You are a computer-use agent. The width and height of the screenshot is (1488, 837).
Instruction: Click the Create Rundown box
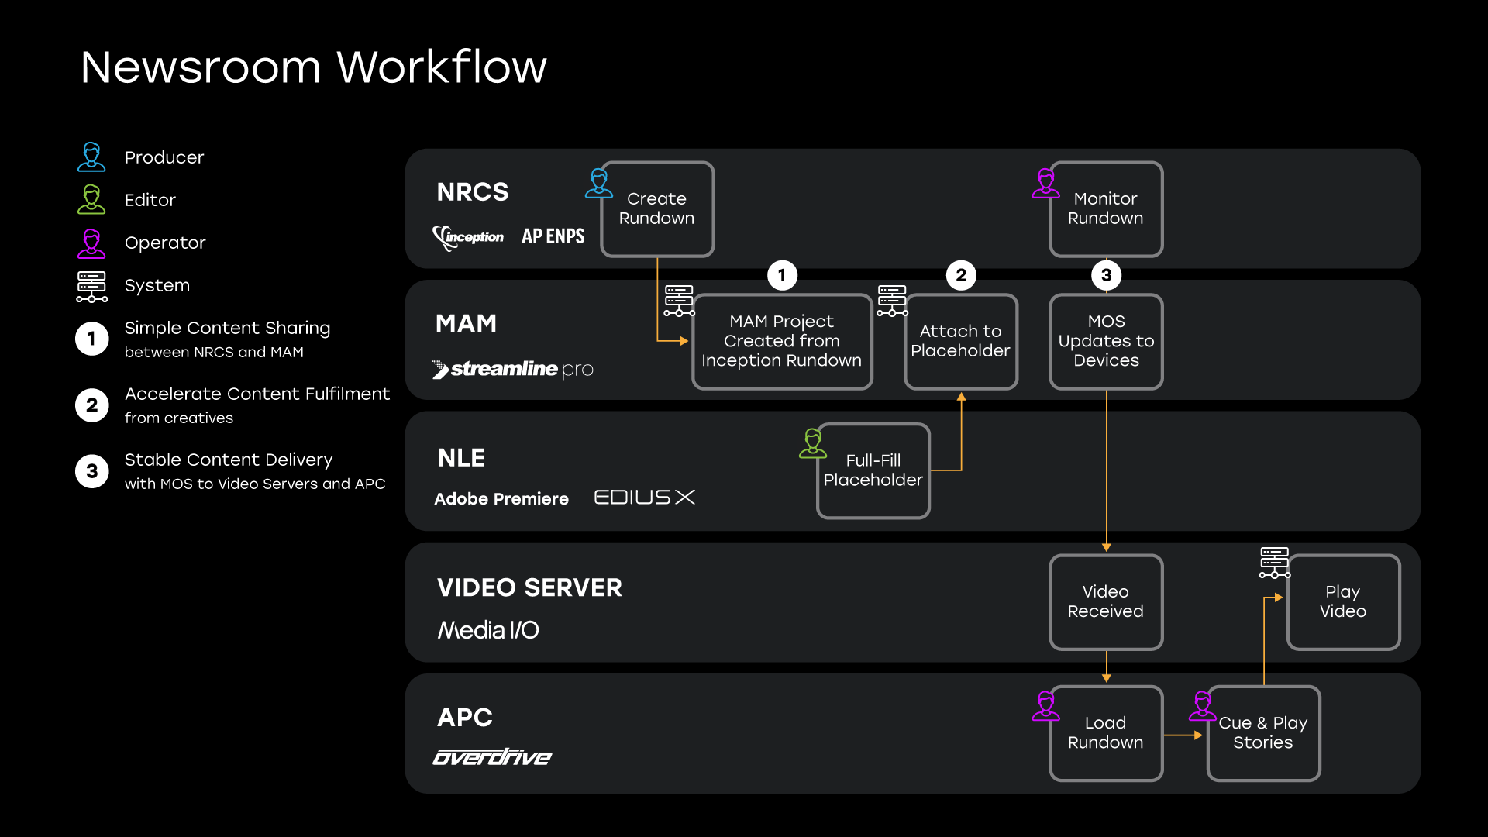coord(657,209)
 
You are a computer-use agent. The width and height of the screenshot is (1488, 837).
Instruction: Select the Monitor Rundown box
coord(1106,209)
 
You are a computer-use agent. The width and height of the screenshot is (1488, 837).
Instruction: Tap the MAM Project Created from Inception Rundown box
coord(782,341)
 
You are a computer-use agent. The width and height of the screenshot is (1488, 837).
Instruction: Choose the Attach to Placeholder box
coord(961,341)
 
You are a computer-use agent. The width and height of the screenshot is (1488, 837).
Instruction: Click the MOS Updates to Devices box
coord(1106,341)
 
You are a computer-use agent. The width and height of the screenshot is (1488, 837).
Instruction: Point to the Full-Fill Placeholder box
coord(873,470)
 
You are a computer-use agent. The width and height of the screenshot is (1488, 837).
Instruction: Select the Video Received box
coord(1106,602)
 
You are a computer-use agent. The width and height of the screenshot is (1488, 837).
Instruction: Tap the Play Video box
coord(1343,602)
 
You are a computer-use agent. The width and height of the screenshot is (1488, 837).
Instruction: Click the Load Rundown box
coord(1106,733)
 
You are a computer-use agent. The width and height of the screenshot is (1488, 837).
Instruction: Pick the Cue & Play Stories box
coord(1263,733)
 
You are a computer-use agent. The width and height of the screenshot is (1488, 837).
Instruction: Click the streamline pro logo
coord(513,369)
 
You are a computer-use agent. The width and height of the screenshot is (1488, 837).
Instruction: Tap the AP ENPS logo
coord(553,236)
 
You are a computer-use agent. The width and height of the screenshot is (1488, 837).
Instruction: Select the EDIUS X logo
coord(644,497)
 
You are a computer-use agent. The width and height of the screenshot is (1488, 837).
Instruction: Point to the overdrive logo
coord(492,756)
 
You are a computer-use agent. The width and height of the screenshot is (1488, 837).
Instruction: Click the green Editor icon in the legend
coord(91,200)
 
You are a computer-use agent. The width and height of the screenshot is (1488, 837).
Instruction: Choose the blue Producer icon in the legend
coord(91,157)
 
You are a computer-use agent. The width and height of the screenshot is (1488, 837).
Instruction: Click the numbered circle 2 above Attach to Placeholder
coord(961,275)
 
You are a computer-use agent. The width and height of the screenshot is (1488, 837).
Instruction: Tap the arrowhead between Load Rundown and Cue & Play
coord(1198,735)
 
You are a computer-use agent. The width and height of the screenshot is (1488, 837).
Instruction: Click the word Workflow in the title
coord(442,67)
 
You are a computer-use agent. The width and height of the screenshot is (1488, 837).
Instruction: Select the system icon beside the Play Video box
coord(1275,563)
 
